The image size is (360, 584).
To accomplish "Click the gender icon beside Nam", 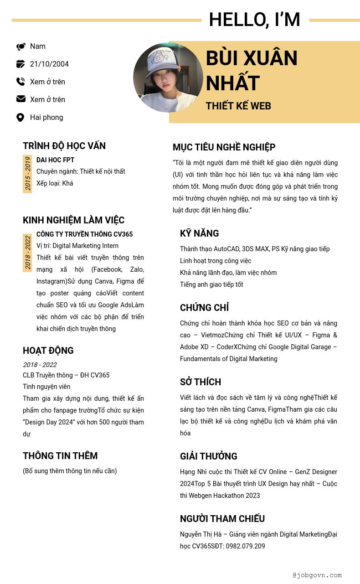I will pos(21,47).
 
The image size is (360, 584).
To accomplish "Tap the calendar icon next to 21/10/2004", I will pos(21,64).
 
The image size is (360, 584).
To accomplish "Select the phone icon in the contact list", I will pos(21,82).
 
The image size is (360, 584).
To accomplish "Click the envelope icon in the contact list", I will pos(21,99).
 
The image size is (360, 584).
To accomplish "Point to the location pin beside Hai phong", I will pos(20,117).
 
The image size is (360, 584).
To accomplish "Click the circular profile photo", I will pos(168,78).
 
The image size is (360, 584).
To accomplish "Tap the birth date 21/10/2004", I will pos(49,64).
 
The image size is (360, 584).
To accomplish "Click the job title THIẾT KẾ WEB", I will pos(238,106).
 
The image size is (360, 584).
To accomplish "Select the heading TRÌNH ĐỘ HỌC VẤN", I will pos(64,146).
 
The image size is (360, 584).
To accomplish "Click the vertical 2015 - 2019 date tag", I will pos(27,174).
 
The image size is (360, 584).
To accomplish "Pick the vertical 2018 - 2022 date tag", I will pos(27,253).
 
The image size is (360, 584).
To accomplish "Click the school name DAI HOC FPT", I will pos(55,160).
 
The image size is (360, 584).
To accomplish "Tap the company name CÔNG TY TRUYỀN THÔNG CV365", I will pos(84,234).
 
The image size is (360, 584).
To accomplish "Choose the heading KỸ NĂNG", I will pos(199,233).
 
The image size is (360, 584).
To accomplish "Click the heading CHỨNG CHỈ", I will pos(204,308).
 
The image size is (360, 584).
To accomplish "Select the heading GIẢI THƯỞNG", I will pos(208,456).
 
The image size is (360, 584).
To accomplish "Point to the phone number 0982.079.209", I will pos(246,546).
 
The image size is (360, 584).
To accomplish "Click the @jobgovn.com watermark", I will pos(317,575).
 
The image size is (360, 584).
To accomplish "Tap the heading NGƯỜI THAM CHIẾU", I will pos(222,519).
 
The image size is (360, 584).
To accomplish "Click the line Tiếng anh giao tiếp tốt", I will pos(211,284).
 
